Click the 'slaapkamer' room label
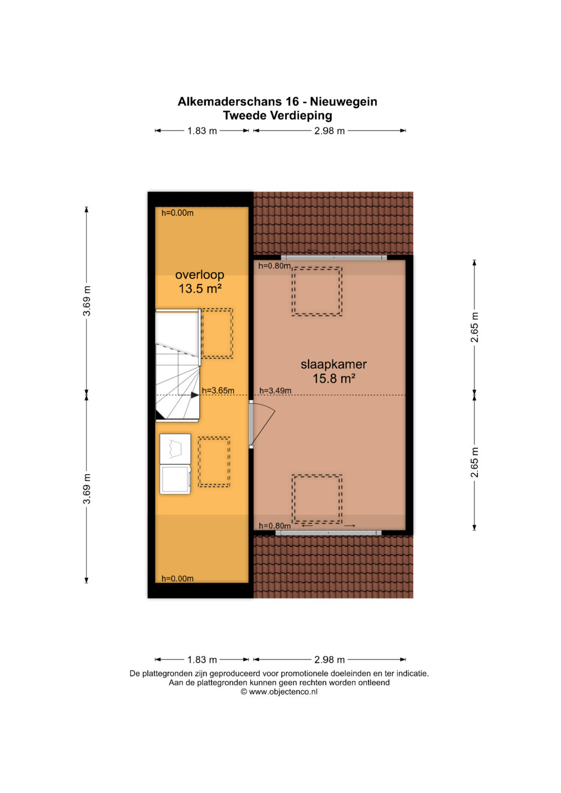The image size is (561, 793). coord(333,364)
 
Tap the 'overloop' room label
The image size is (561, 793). coord(200,275)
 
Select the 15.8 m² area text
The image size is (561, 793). coord(333,379)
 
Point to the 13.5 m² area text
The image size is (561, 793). coord(200,289)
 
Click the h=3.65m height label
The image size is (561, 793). coord(218,391)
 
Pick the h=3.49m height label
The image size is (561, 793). coord(275,391)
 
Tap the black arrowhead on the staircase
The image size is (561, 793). coord(195,395)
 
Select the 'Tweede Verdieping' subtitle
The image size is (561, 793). coord(278,115)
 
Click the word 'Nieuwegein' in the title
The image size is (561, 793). coord(343,102)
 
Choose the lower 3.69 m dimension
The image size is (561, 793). coord(87,489)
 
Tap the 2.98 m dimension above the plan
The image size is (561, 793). coord(329,131)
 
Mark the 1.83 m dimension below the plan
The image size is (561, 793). coord(202,660)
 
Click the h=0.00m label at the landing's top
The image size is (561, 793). coord(178,213)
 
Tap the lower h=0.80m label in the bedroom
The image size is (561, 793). coord(275,526)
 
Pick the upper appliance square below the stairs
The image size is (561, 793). coord(176,449)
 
